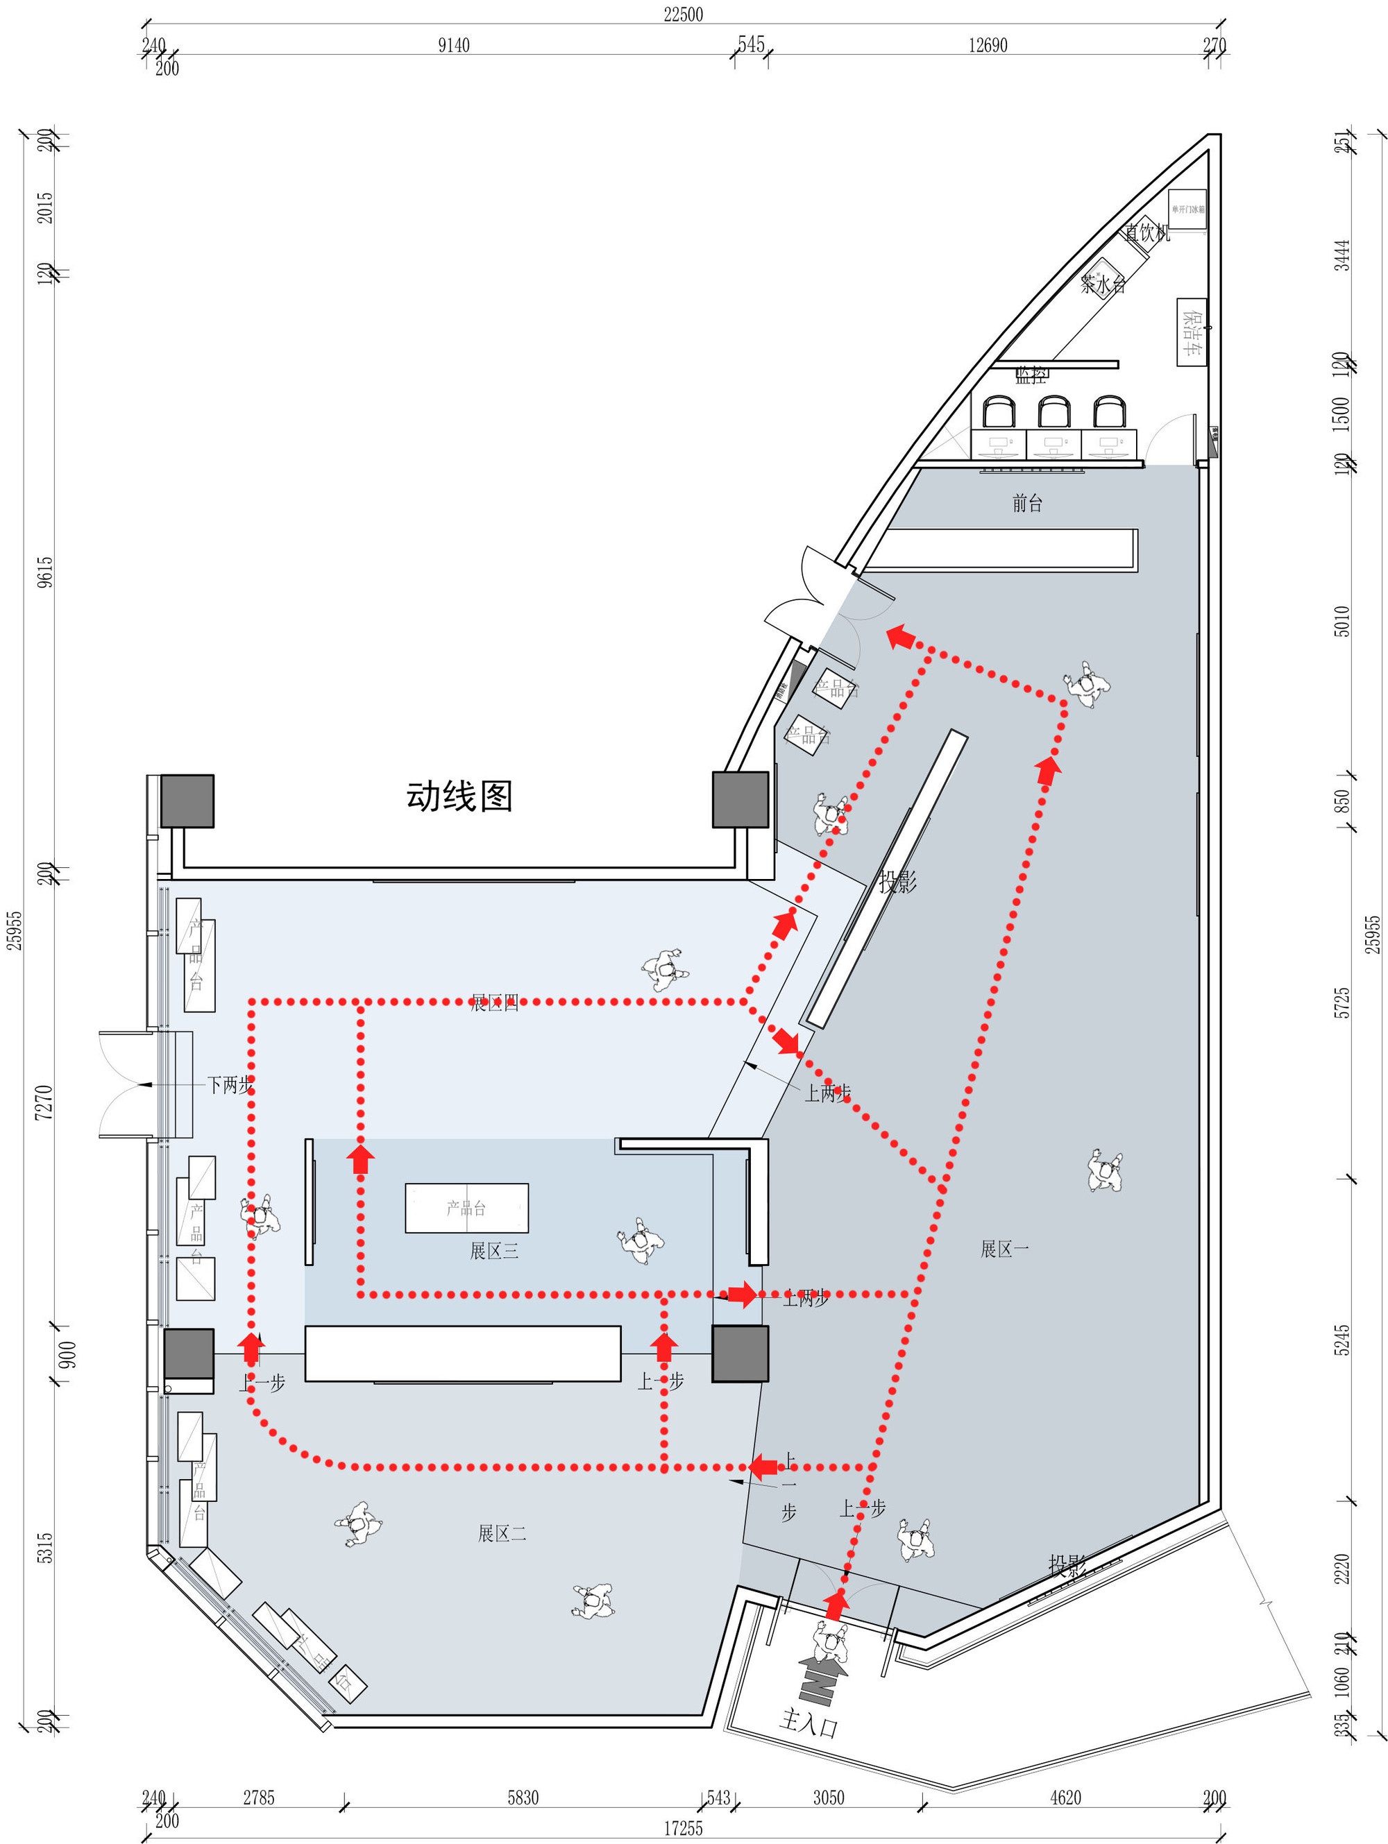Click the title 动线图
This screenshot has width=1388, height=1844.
459,796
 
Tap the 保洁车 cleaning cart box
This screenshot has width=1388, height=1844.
1191,332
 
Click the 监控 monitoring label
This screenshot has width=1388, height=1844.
1031,375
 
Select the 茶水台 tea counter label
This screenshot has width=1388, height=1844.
1103,284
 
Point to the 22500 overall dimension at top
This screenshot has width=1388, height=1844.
682,14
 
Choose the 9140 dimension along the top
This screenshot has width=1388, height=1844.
454,45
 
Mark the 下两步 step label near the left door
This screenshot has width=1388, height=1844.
230,1084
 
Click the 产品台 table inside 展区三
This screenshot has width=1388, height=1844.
466,1207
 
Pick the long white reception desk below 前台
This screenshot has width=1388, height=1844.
1001,549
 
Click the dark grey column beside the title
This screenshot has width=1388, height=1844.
740,799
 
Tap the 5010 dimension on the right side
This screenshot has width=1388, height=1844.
1342,621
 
